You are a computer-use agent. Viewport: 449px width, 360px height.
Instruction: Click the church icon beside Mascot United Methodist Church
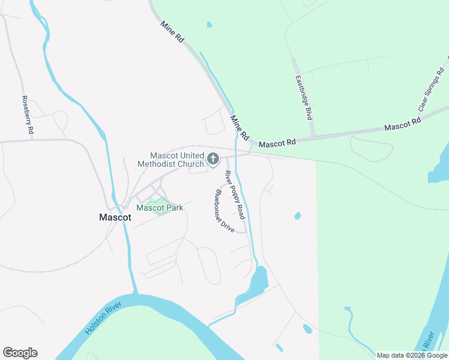click(212, 158)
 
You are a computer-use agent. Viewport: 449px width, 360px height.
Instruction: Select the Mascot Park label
click(160, 208)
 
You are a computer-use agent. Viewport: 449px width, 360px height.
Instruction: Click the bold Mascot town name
click(115, 218)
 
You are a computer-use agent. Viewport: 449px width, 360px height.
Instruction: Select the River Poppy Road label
click(235, 194)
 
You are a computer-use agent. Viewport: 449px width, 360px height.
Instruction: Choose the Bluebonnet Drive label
click(224, 212)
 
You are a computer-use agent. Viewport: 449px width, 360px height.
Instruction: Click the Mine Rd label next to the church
click(240, 127)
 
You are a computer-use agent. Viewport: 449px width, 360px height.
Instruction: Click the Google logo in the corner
click(20, 353)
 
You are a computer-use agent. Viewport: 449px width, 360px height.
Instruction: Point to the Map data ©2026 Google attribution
click(412, 355)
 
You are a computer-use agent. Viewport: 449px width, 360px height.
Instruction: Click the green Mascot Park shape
click(158, 208)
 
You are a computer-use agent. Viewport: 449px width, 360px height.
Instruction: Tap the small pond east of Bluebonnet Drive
click(297, 215)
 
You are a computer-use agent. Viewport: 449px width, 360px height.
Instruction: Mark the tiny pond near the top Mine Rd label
click(209, 25)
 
